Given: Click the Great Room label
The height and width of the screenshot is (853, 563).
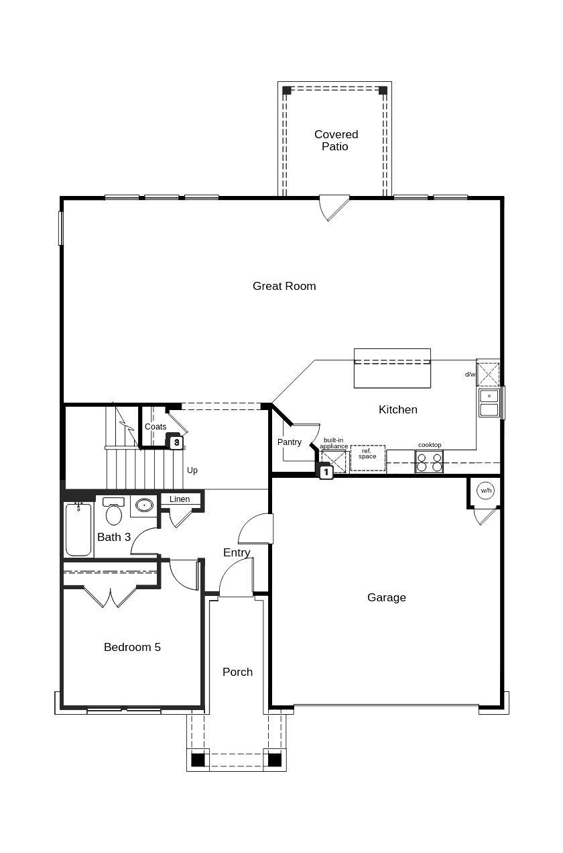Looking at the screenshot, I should pyautogui.click(x=284, y=286).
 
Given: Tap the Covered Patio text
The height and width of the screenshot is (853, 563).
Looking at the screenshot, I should pyautogui.click(x=336, y=140).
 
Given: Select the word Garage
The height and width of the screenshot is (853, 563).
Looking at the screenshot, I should pyautogui.click(x=387, y=597).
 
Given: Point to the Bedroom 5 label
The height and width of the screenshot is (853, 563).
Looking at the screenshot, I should pyautogui.click(x=132, y=647).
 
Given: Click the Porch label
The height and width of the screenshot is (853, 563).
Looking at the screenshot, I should pyautogui.click(x=237, y=672).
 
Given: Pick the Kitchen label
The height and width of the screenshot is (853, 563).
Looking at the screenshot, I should pyautogui.click(x=397, y=409).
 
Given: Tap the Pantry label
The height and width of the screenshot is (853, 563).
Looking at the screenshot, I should pyautogui.click(x=290, y=442).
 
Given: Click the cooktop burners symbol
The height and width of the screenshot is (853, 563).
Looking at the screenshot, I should pyautogui.click(x=429, y=462).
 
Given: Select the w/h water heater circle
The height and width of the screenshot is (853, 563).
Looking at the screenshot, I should pyautogui.click(x=485, y=491).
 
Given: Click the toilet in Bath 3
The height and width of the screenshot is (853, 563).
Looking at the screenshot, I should pyautogui.click(x=114, y=513).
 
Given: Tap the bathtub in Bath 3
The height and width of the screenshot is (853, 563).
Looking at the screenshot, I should pyautogui.click(x=78, y=530).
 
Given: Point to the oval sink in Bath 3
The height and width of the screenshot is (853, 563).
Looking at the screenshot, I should pyautogui.click(x=144, y=505).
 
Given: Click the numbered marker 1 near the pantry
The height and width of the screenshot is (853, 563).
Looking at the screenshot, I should pyautogui.click(x=326, y=472).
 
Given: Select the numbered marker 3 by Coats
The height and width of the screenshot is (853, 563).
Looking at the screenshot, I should pyautogui.click(x=176, y=442).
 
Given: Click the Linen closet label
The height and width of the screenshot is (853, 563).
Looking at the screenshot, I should pyautogui.click(x=180, y=499).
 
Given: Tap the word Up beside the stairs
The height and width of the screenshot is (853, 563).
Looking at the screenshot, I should pyautogui.click(x=192, y=470).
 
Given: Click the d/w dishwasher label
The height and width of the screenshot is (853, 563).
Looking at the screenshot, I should pyautogui.click(x=471, y=374).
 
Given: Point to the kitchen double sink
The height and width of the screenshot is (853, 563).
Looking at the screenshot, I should pyautogui.click(x=489, y=403).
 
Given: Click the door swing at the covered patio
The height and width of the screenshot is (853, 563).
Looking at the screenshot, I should pyautogui.click(x=334, y=207).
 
